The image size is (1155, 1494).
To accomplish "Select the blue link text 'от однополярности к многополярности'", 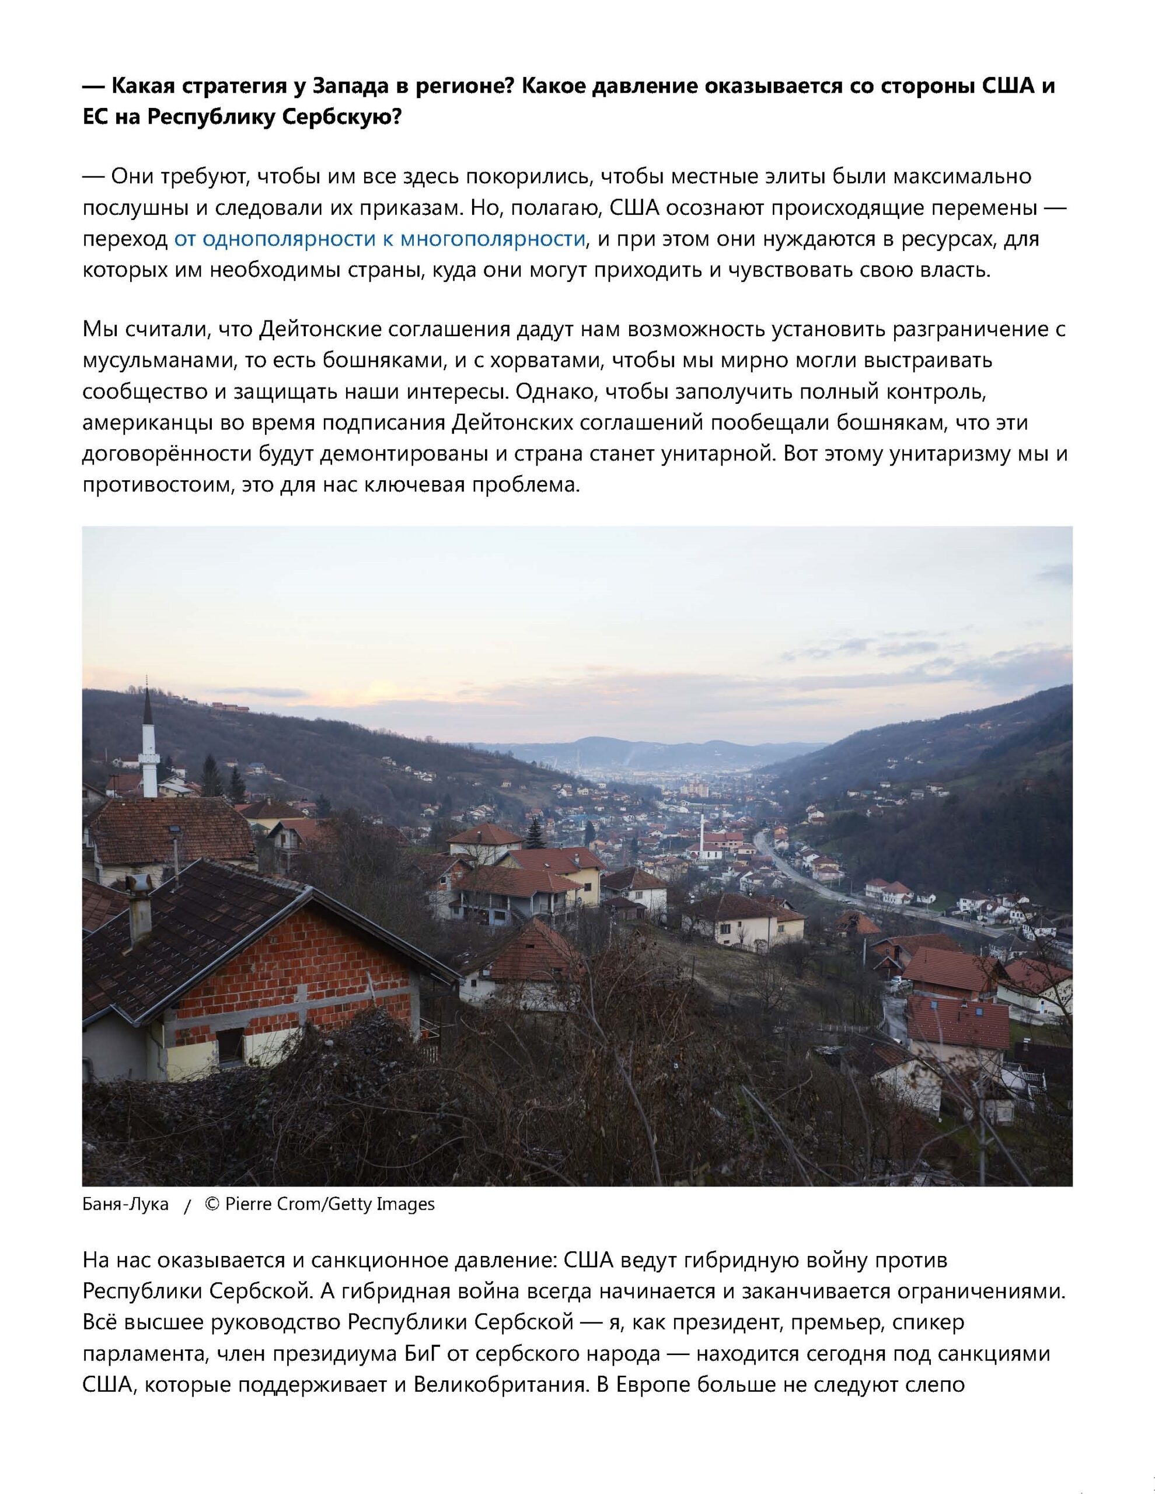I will tap(380, 239).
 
